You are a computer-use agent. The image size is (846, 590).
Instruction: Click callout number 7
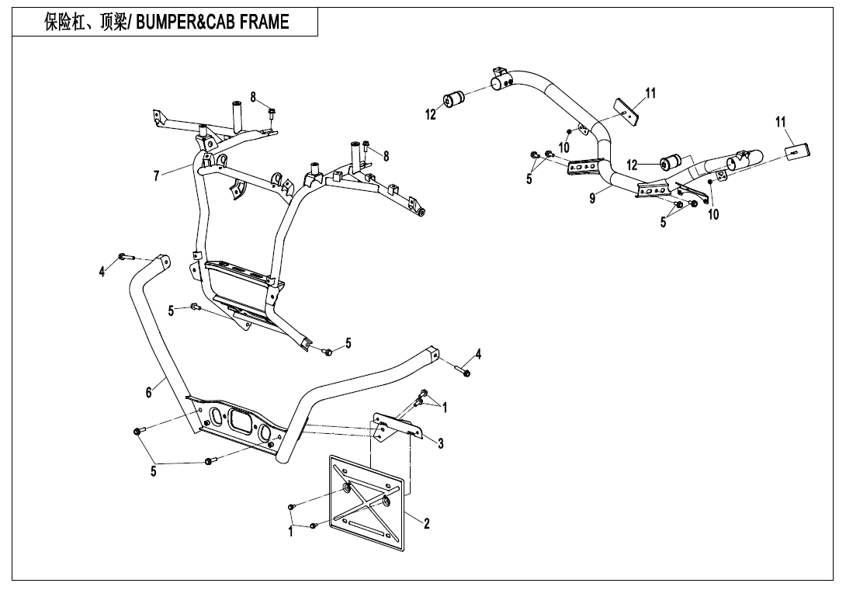[157, 176]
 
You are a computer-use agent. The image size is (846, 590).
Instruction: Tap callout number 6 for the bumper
[148, 393]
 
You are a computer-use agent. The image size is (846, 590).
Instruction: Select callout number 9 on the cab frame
[592, 199]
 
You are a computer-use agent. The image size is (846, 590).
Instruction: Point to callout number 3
[440, 444]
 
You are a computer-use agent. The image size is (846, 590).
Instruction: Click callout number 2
[427, 523]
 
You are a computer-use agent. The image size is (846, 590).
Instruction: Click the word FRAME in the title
[264, 23]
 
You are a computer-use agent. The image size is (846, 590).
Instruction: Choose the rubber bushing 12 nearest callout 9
[669, 163]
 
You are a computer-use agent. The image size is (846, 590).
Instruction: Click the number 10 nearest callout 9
[564, 147]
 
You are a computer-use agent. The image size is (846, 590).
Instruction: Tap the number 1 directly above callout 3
[445, 406]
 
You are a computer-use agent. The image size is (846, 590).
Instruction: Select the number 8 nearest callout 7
[253, 97]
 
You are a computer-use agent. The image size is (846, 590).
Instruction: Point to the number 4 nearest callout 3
[478, 355]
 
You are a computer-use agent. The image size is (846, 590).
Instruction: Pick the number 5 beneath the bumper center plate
[154, 470]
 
